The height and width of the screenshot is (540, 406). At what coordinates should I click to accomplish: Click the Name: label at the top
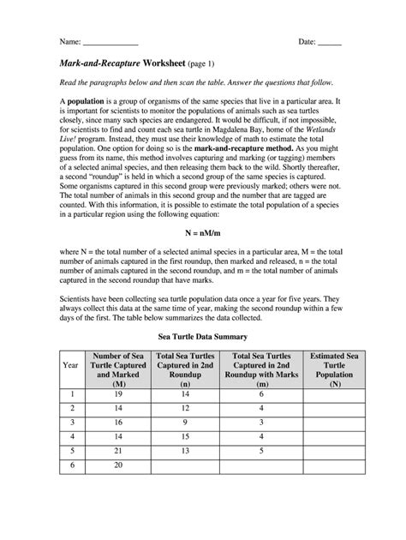[x=69, y=41]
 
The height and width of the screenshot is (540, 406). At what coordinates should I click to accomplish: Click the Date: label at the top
[x=306, y=41]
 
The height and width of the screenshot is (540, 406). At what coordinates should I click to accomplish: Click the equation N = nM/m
[x=203, y=232]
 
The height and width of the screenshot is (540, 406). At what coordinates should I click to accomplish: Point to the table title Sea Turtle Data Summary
[x=202, y=338]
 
